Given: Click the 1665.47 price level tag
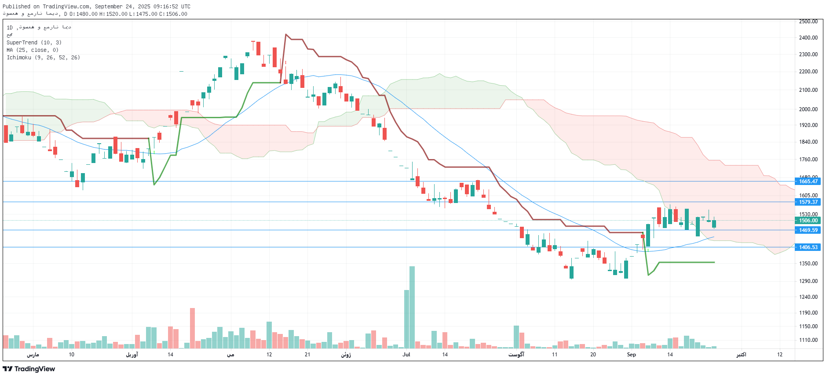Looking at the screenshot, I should (808, 181).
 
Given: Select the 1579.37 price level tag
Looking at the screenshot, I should (808, 202).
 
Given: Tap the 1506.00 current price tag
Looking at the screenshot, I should (808, 221).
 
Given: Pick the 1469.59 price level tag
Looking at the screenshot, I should (808, 230).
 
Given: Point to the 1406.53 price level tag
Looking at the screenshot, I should (808, 247).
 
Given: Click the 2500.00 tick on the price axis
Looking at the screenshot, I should (808, 22).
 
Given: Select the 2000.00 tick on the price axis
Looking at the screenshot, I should (808, 109).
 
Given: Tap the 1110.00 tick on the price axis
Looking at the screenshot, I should (808, 340).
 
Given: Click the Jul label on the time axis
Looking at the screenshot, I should (406, 355).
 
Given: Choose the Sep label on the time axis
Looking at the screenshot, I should (631, 355).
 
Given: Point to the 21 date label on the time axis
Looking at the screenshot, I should (307, 355).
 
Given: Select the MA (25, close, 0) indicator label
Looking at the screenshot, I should (33, 50).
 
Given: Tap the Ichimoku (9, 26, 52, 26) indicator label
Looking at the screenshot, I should (43, 58).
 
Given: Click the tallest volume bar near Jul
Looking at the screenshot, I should (412, 308).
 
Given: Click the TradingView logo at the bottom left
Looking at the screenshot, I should (29, 369).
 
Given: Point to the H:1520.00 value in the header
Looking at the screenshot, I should (113, 14).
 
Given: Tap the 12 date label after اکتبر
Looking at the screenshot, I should (779, 355).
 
